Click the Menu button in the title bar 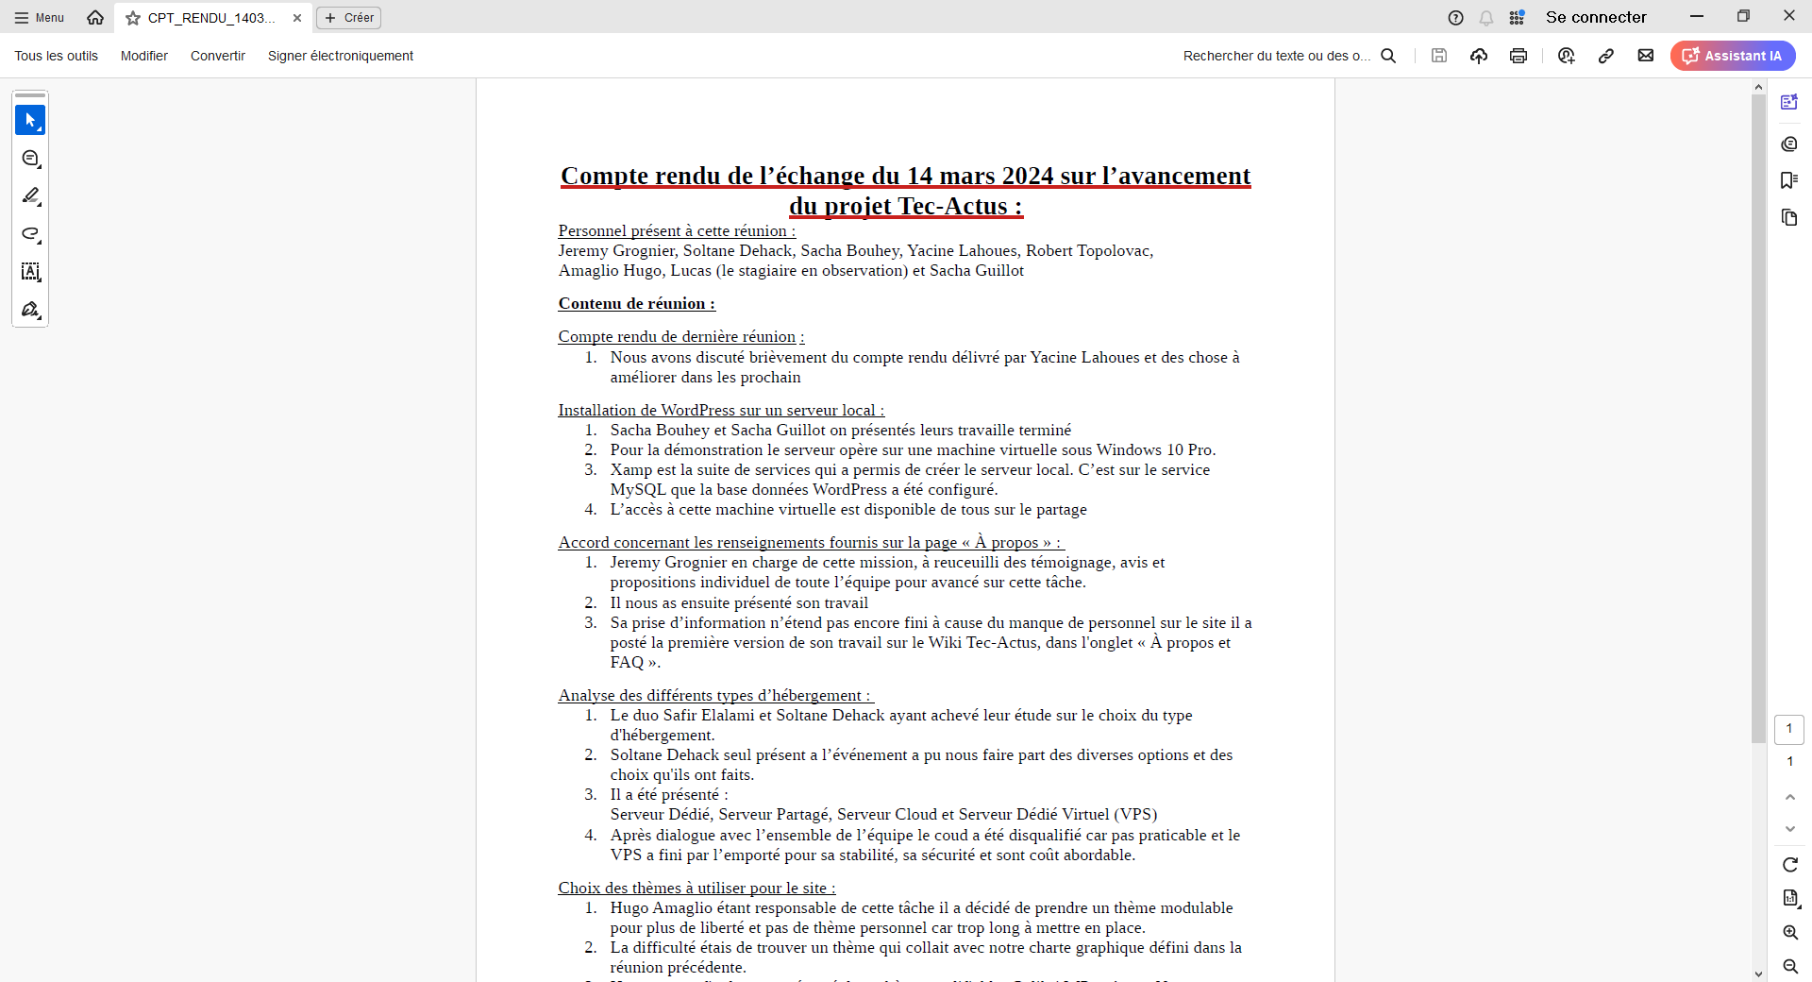[x=40, y=18]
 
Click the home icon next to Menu [x=95, y=18]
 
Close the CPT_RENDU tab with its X [x=297, y=18]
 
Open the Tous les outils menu [x=57, y=56]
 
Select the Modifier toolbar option [x=144, y=56]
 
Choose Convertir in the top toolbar [x=218, y=56]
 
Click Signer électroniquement [x=341, y=56]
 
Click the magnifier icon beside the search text [x=1388, y=56]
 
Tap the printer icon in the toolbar [x=1518, y=56]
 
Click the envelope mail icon [x=1646, y=56]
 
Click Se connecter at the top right [x=1596, y=17]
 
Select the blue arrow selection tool [x=30, y=120]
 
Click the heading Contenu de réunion [x=636, y=304]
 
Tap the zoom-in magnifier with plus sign [x=1790, y=933]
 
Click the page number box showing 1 [x=1789, y=729]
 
